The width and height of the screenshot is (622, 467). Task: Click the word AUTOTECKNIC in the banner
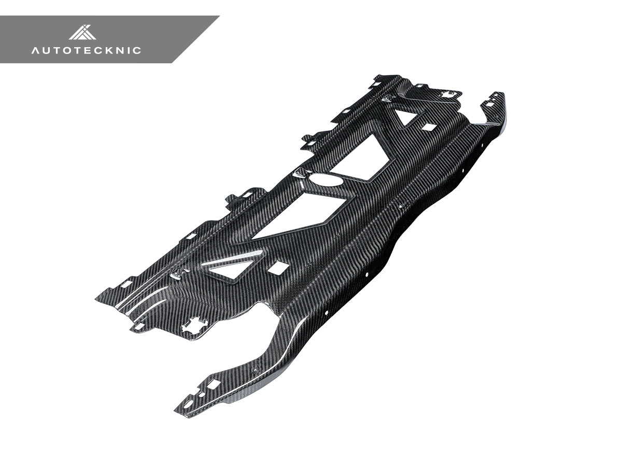[x=86, y=50]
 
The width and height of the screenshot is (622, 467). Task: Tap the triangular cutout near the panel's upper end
[x=405, y=116]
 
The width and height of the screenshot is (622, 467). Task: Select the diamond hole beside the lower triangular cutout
[x=279, y=268]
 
